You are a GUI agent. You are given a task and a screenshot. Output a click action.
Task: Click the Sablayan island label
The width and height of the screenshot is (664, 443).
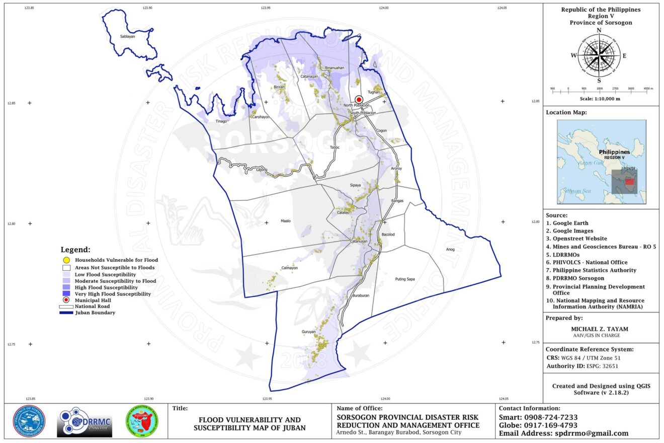[x=128, y=37]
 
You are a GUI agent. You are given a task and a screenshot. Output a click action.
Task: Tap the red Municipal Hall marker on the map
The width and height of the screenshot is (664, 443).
[x=359, y=100]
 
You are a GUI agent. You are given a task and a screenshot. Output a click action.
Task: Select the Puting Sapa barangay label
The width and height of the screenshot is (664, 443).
[x=405, y=279]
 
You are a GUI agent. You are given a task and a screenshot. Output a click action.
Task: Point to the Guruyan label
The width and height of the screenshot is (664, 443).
[x=308, y=332]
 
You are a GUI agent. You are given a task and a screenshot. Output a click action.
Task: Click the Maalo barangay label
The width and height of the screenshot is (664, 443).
[x=286, y=221]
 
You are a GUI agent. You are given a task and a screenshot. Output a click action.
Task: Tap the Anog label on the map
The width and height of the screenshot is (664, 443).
[x=450, y=249]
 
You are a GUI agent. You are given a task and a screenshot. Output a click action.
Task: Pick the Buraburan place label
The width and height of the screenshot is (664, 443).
[x=361, y=296]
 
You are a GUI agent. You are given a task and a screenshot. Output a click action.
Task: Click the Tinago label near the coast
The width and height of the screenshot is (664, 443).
[x=221, y=121]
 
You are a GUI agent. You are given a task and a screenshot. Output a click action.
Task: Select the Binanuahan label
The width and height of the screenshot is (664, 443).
[x=335, y=67]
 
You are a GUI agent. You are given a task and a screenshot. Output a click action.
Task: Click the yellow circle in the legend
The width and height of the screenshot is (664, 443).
[x=66, y=260]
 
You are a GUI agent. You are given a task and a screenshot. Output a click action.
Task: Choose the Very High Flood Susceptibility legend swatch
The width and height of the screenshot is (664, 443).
[x=66, y=294]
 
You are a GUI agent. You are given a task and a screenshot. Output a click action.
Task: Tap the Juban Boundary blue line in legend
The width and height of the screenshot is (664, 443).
[x=66, y=313]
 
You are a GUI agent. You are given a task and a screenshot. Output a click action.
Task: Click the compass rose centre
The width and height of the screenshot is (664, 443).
[x=599, y=55]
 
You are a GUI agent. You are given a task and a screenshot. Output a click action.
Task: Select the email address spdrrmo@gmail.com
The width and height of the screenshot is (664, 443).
[x=592, y=433]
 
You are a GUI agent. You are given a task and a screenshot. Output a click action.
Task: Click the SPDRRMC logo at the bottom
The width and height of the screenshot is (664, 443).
[x=85, y=422]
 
